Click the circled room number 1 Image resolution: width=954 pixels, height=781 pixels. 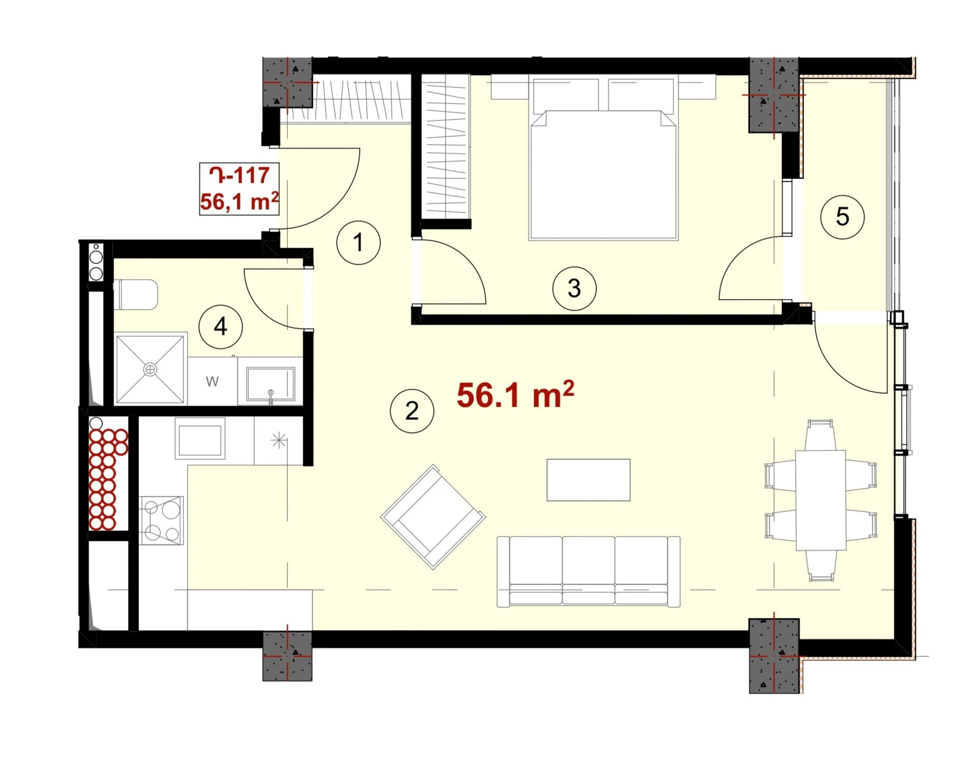(x=358, y=242)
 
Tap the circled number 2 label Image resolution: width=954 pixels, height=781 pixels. (x=411, y=411)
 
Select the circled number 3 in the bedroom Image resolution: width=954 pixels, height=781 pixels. (x=574, y=288)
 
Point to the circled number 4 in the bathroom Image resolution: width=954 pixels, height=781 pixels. (x=220, y=327)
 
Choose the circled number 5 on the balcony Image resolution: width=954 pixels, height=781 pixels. (x=842, y=217)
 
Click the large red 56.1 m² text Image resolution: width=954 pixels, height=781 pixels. (x=515, y=394)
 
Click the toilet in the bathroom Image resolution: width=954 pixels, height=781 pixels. (x=136, y=295)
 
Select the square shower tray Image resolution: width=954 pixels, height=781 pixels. (x=151, y=369)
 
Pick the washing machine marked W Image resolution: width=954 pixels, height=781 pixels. (x=212, y=381)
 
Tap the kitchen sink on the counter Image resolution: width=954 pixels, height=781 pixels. (x=200, y=438)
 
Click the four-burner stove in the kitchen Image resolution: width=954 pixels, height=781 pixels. (x=162, y=520)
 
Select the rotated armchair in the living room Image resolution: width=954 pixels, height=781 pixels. (x=433, y=517)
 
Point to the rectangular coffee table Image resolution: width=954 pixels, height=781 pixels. (x=588, y=480)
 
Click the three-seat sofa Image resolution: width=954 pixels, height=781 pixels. (x=588, y=572)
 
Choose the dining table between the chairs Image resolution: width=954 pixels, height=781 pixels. (x=821, y=500)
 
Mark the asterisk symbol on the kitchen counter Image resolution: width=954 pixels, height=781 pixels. (x=278, y=440)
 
